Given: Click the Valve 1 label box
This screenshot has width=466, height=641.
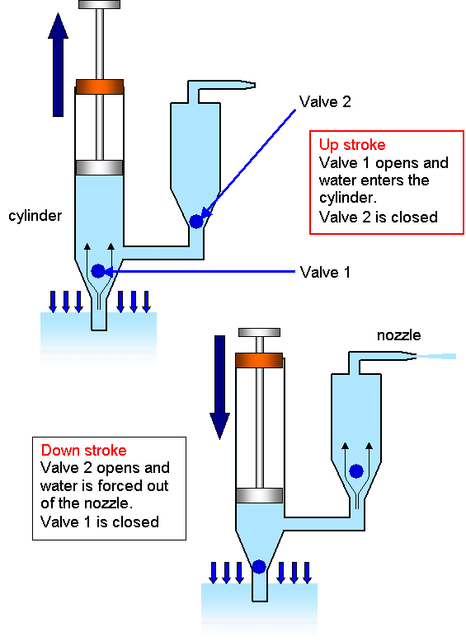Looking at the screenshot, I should click(x=330, y=272).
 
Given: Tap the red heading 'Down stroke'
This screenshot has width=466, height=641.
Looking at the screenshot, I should click(x=84, y=451).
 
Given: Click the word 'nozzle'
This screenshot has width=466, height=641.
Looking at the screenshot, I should click(x=398, y=335).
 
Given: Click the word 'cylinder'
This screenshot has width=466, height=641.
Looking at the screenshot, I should click(x=35, y=216).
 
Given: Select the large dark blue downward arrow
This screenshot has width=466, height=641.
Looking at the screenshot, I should click(x=219, y=387).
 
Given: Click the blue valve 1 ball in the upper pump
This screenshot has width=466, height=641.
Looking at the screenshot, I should click(x=98, y=270).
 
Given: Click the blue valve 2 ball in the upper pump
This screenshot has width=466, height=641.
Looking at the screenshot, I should click(x=196, y=221).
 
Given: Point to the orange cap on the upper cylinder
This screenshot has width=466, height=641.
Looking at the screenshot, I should click(x=100, y=86).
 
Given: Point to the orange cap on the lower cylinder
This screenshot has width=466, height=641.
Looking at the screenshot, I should click(x=259, y=359).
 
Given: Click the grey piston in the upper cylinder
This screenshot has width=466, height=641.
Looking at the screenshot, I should click(x=100, y=167).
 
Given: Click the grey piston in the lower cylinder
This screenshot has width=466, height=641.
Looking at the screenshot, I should click(x=259, y=494).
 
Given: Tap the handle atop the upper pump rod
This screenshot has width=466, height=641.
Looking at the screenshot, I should click(x=100, y=5).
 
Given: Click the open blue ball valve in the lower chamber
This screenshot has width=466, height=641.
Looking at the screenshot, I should click(x=355, y=471).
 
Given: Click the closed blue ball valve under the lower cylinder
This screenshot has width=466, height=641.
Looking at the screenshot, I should click(x=259, y=566).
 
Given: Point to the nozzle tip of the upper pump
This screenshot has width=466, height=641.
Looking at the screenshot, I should click(x=248, y=84).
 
